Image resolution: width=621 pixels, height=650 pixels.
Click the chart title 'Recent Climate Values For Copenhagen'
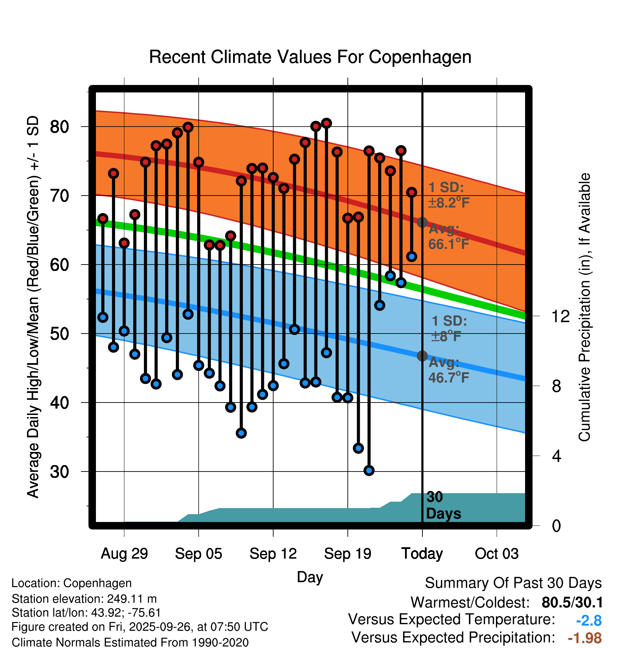coord(310,57)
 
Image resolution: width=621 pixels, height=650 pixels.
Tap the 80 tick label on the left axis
coord(60,127)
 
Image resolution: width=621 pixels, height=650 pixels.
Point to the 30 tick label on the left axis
coord(60,472)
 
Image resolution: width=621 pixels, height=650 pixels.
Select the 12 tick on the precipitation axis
coord(560,316)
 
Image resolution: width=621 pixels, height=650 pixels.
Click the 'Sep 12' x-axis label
coord(273,554)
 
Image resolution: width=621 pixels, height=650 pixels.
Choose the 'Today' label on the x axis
coord(422,554)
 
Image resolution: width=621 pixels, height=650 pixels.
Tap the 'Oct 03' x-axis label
coord(497,554)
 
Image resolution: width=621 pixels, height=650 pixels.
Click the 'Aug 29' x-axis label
coord(124,554)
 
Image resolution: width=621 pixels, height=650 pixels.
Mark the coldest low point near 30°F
coord(369,470)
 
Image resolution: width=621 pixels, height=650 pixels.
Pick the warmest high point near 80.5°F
coord(326,123)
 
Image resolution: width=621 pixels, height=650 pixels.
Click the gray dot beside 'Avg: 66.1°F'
coord(422,223)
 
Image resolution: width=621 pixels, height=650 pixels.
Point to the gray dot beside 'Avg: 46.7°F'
coord(422,356)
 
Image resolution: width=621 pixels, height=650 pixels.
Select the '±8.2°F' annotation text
coord(449,203)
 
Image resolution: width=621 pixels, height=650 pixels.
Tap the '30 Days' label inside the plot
coord(443,505)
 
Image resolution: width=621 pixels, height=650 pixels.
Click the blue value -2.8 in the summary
coord(589,620)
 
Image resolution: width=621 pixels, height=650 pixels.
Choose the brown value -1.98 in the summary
coord(585,638)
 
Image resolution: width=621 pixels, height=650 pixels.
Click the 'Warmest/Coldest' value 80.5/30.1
coord(572,602)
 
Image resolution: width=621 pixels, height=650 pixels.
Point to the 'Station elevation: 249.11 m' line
coord(84,599)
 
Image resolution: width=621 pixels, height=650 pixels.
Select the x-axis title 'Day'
coord(310,577)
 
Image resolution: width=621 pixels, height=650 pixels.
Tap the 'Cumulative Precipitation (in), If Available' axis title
coord(584,308)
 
